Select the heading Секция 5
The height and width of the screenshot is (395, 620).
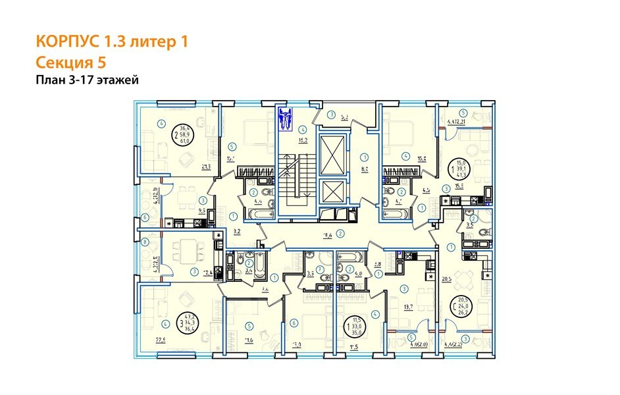(70, 63)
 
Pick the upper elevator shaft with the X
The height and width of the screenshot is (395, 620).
(331, 150)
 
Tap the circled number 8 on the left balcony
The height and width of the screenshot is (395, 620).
(145, 242)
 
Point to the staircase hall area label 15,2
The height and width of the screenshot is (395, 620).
(304, 140)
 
